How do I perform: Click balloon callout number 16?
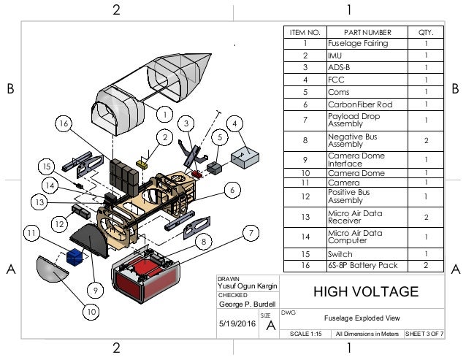[65, 125]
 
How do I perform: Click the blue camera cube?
[74, 257]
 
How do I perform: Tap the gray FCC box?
[245, 156]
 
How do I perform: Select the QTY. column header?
[425, 32]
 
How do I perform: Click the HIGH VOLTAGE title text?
[366, 292]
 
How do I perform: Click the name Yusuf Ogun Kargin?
[243, 286]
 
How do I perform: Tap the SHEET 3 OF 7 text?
[424, 334]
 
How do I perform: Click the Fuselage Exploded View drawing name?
[362, 318]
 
